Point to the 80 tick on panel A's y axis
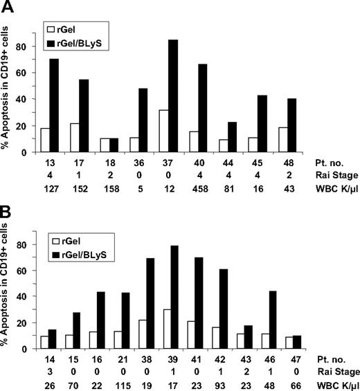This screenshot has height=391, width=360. [x=28, y=48]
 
